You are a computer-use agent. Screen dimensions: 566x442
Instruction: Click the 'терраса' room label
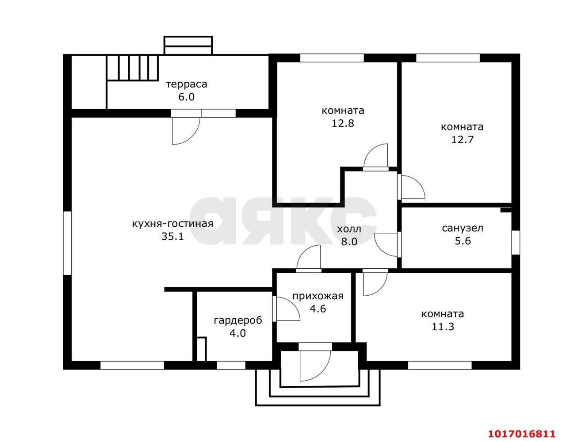click(187, 84)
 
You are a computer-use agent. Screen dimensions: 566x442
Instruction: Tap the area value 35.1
click(172, 236)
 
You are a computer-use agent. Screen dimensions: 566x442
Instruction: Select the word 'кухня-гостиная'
click(173, 224)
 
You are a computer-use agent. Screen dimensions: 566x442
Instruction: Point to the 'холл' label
click(349, 229)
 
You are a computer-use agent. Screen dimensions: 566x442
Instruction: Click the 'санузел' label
click(463, 228)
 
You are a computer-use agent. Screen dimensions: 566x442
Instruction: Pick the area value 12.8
click(343, 123)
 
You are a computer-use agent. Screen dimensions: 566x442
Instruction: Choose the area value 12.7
click(463, 140)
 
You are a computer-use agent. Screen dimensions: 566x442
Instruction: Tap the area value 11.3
click(443, 327)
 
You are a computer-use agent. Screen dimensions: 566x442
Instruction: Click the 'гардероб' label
click(238, 321)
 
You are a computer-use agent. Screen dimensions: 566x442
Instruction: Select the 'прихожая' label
click(318, 296)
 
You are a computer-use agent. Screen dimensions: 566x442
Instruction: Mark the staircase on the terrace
click(133, 68)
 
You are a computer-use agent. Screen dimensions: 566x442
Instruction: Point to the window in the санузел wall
click(516, 242)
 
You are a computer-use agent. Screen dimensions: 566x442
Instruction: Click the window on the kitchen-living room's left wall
click(68, 243)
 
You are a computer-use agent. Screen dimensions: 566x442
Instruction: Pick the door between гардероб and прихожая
click(286, 309)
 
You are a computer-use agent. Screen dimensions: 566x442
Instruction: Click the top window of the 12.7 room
click(448, 58)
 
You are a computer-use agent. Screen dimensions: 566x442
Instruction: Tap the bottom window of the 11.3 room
click(440, 366)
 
